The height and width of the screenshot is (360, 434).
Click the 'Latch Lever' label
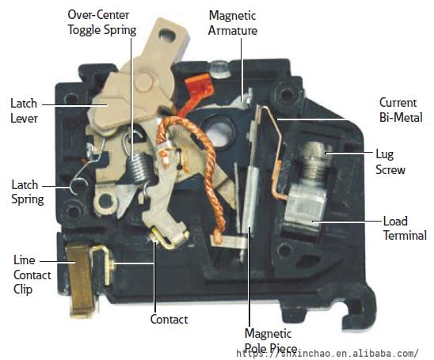24,111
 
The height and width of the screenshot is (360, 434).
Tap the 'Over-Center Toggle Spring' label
102,22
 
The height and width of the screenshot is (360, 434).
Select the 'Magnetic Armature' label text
233,23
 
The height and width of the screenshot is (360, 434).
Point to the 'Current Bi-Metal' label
401,110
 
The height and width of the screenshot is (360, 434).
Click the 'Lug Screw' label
390,161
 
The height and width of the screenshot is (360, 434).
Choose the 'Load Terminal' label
405,229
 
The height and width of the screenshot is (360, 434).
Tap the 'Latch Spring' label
28,192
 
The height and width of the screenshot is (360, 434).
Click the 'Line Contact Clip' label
32,275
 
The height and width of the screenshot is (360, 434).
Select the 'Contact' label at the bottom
169,320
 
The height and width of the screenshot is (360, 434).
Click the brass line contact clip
81,279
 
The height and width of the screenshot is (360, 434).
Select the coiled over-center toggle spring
139,168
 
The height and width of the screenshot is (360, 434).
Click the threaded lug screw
316,161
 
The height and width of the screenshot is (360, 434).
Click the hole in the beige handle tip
167,35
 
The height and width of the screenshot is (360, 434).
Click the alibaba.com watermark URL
327,354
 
